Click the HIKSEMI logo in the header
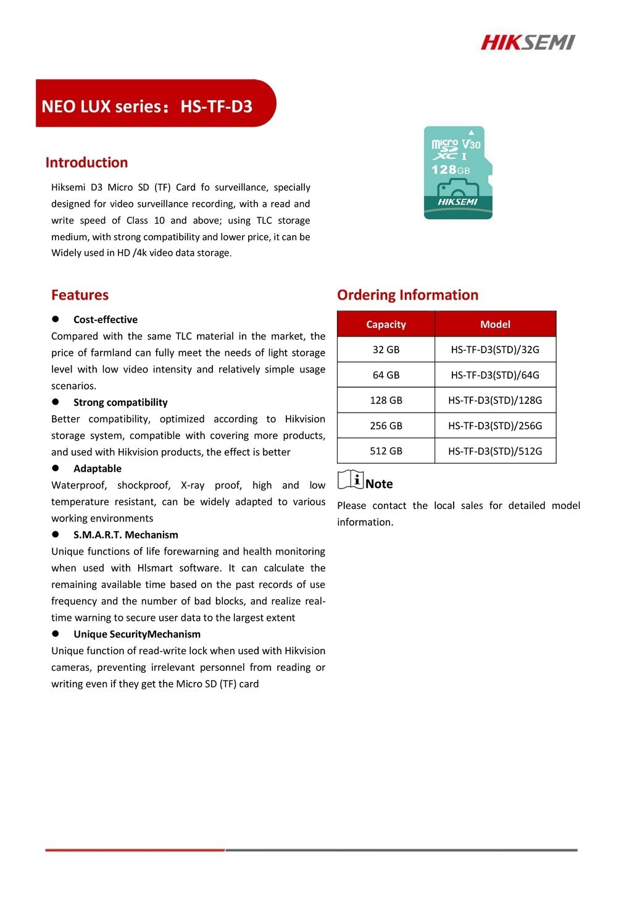pyautogui.click(x=528, y=42)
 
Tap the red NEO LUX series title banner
pyautogui.click(x=154, y=104)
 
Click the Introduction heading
pyautogui.click(x=86, y=162)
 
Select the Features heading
pyautogui.click(x=80, y=295)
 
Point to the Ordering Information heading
pyautogui.click(x=407, y=295)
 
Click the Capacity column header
pyautogui.click(x=386, y=324)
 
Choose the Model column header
pyautogui.click(x=495, y=324)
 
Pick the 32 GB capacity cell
pyautogui.click(x=386, y=350)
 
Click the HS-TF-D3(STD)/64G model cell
pyautogui.click(x=495, y=375)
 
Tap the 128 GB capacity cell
pyautogui.click(x=386, y=400)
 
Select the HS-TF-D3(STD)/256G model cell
pyautogui.click(x=495, y=426)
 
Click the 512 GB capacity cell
pyautogui.click(x=386, y=451)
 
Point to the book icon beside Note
pyautogui.click(x=351, y=480)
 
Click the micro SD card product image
pyautogui.click(x=458, y=173)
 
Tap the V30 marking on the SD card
pyautogui.click(x=472, y=144)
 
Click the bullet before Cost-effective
pyautogui.click(x=55, y=319)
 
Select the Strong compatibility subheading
pyautogui.click(x=120, y=403)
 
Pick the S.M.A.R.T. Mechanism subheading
pyautogui.click(x=125, y=535)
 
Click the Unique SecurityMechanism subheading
pyautogui.click(x=136, y=634)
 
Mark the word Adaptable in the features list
pyautogui.click(x=98, y=469)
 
